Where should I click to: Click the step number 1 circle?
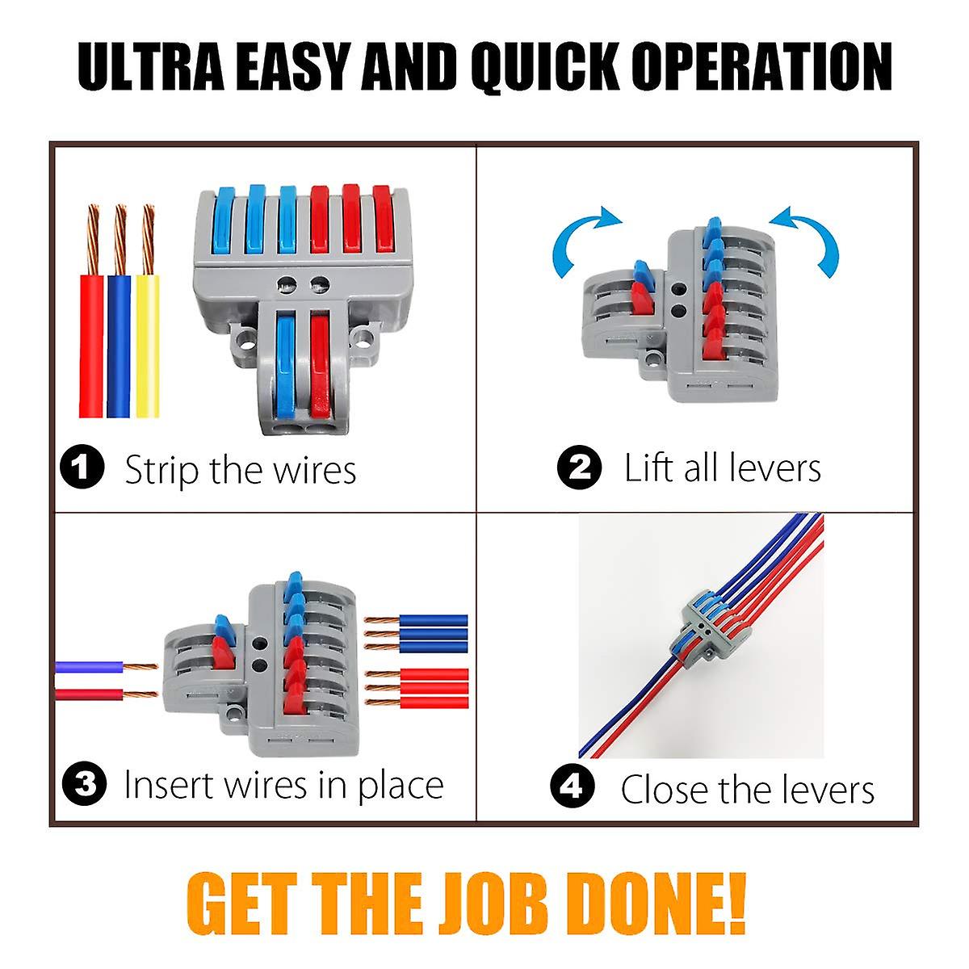[x=82, y=467]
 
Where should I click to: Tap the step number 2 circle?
[x=579, y=467]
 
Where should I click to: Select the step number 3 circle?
[x=85, y=784]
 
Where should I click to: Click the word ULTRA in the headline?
[x=151, y=66]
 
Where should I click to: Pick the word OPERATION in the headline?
[x=761, y=66]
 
